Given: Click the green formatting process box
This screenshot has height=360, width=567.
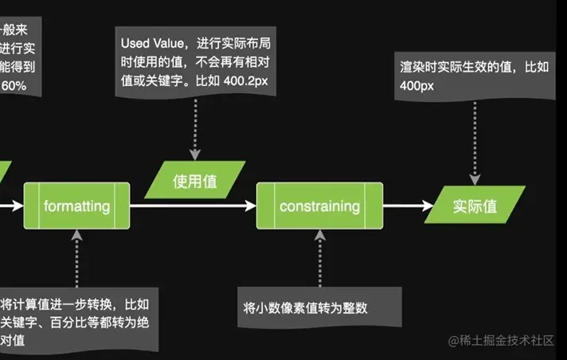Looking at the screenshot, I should [76, 206].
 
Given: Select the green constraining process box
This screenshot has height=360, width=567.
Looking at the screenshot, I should [319, 206].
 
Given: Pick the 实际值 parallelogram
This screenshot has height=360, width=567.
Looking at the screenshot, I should [475, 205].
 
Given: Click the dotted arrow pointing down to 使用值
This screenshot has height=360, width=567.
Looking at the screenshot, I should [194, 127].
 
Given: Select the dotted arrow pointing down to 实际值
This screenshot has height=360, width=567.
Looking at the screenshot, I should [475, 143].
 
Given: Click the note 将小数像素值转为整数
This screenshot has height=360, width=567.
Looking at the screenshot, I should [307, 307].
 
